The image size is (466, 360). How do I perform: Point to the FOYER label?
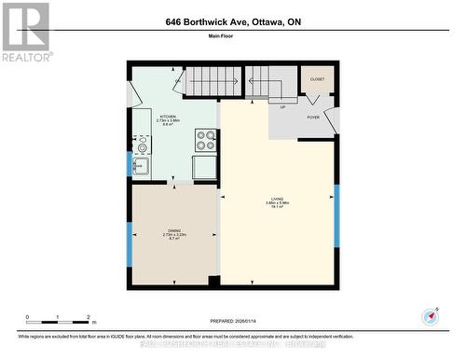313,118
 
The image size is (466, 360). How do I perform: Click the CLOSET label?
317,80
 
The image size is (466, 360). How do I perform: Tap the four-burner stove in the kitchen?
205,140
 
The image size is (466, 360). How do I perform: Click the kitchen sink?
141,167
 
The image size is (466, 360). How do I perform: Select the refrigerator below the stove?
205,167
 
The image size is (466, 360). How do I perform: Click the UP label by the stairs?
282,106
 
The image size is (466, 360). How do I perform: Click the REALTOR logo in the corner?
25,32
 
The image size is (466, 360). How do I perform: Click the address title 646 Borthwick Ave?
233,21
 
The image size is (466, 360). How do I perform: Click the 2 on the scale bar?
88,317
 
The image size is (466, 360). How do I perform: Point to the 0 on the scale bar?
28,317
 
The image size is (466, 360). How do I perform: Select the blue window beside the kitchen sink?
129,163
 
